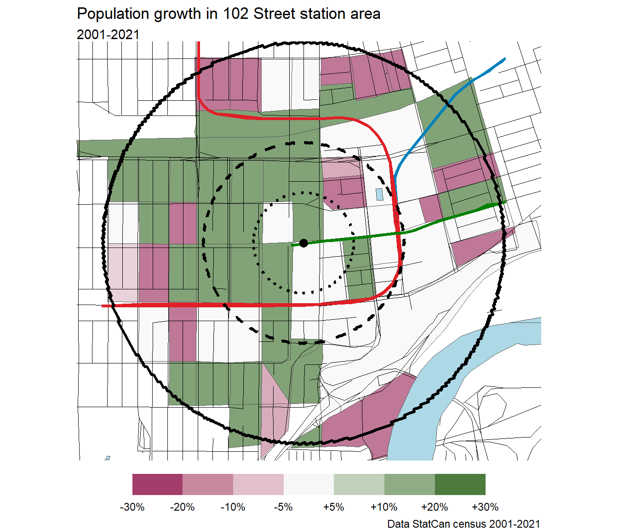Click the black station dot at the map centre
click(303, 243)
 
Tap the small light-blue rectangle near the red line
click(379, 194)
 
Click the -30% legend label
click(132, 507)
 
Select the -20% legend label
click(183, 507)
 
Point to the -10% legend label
click(233, 507)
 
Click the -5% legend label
click(283, 507)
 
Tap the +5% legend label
click(334, 507)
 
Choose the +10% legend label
click(384, 507)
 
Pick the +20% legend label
click(435, 507)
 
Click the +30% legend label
click(485, 507)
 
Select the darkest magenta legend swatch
click(157, 484)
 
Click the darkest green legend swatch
click(460, 484)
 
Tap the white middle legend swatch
click(309, 484)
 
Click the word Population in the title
click(114, 14)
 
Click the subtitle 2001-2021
click(108, 35)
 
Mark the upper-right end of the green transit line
click(504, 202)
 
